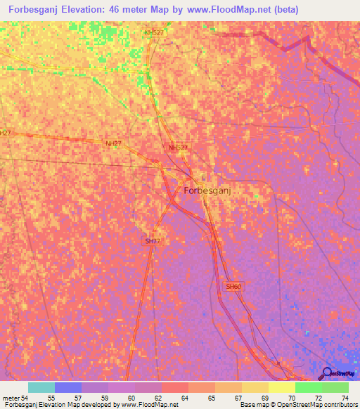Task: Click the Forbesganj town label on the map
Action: tap(212, 190)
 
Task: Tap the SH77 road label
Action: tap(153, 241)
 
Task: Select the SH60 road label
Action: tap(233, 287)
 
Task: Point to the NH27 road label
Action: tap(112, 143)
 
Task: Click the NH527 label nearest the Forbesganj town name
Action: tap(179, 148)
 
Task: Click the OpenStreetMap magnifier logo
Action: tap(327, 373)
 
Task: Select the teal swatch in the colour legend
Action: tap(41, 387)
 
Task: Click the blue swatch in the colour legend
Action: tap(67, 387)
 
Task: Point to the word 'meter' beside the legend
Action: tap(9, 398)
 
